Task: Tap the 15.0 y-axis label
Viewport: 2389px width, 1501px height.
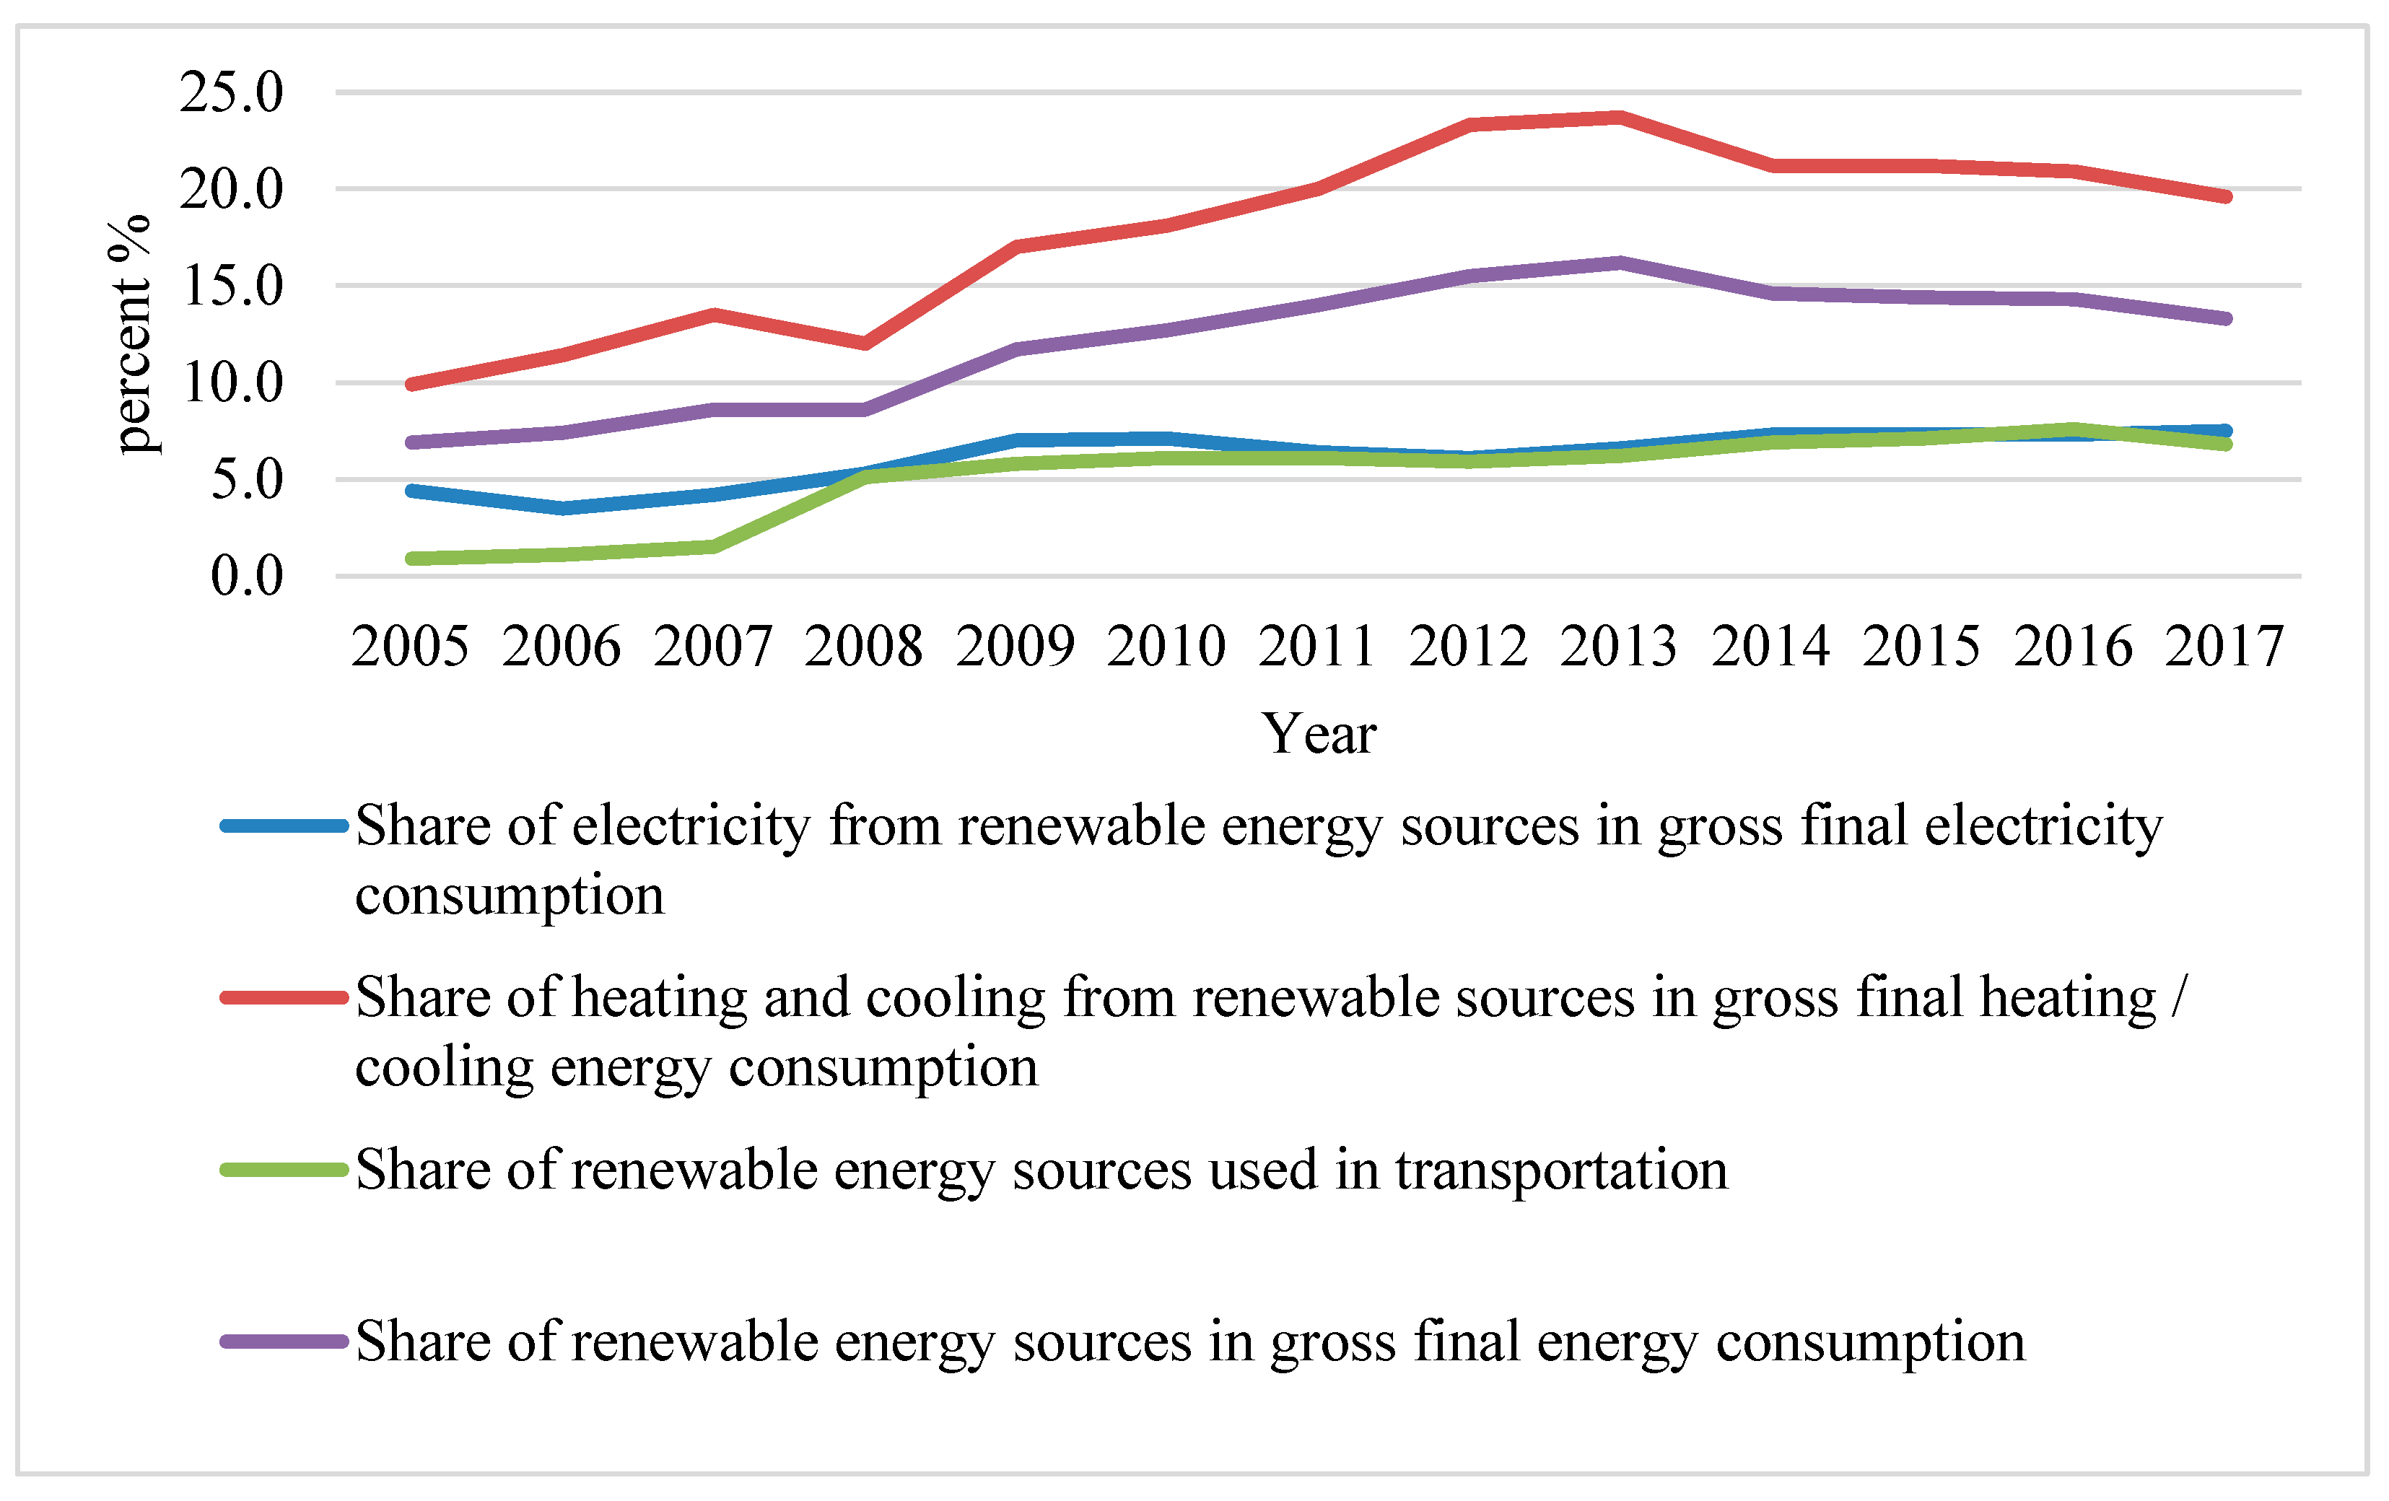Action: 231,286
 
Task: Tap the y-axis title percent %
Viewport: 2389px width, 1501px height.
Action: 129,334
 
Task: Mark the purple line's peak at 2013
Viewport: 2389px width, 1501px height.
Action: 1619,263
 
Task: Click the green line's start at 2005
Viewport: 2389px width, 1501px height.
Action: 411,559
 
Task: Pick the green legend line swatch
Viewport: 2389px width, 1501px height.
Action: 284,1170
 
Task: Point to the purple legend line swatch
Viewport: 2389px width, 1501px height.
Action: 284,1342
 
